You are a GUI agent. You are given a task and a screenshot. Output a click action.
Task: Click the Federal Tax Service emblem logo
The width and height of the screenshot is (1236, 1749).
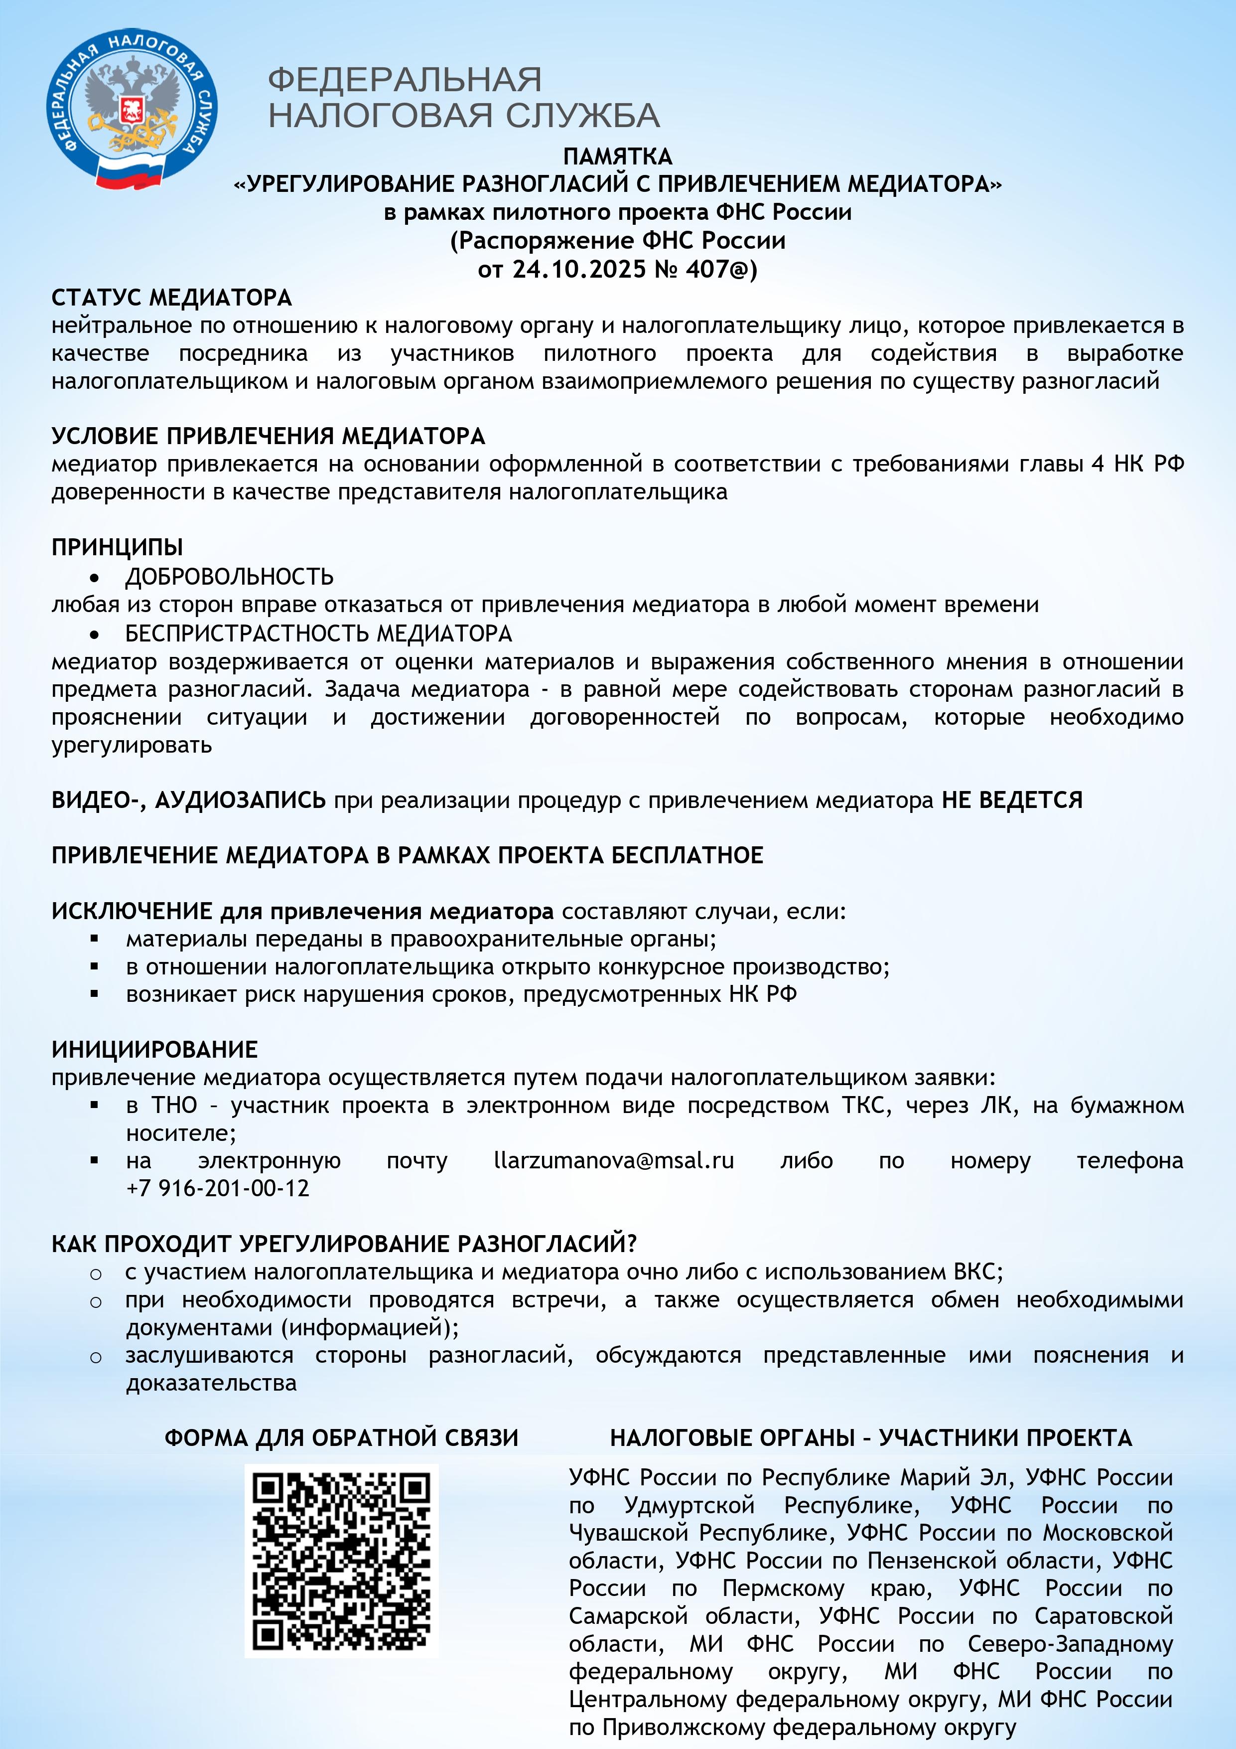pos(131,109)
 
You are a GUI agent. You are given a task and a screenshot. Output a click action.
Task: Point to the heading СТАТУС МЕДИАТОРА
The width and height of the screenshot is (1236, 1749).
pos(171,297)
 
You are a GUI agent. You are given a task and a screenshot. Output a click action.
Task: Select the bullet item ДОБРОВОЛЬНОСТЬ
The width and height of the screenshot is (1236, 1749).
pos(229,577)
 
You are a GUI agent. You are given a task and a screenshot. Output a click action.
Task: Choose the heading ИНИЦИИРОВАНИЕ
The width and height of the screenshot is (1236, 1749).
pos(154,1050)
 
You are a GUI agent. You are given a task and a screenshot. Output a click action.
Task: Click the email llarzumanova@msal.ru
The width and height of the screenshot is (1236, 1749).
pos(614,1161)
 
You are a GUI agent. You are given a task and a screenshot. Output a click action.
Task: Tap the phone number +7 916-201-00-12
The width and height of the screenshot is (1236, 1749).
pos(218,1188)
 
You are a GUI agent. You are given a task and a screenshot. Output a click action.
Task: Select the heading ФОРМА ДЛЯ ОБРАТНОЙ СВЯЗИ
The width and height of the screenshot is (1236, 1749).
pos(341,1437)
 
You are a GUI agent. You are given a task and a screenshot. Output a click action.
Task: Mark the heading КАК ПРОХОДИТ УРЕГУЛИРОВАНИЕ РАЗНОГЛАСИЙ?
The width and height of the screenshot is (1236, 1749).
pos(343,1244)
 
